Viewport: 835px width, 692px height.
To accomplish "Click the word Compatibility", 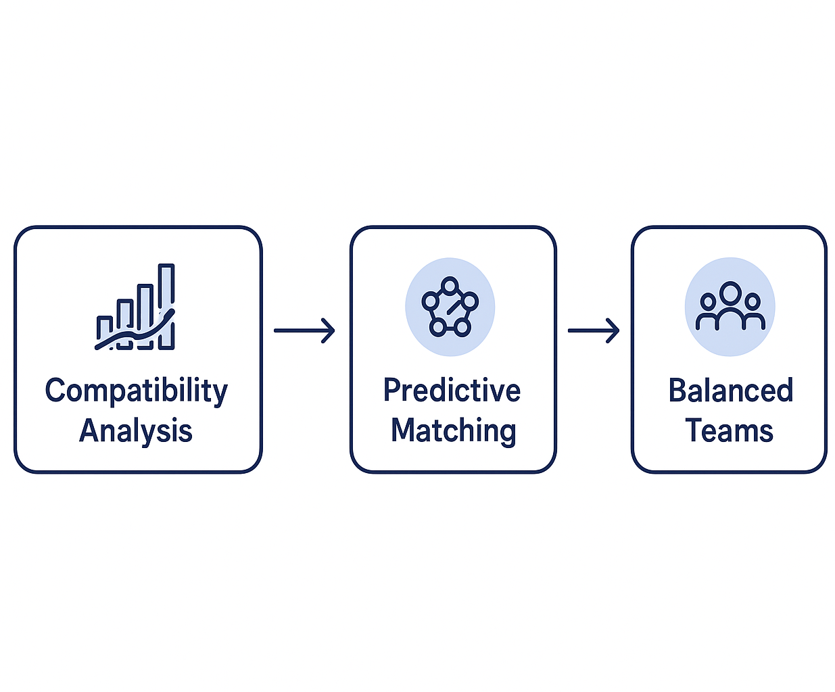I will pyautogui.click(x=136, y=391).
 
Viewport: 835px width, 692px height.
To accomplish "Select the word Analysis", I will pyautogui.click(x=136, y=431).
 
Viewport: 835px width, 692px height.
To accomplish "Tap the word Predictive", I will pyautogui.click(x=452, y=391).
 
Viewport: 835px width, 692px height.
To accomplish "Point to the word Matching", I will pyautogui.click(x=453, y=431).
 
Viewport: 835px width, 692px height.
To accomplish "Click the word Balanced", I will pyautogui.click(x=730, y=391).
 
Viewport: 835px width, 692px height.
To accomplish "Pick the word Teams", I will pyautogui.click(x=729, y=430).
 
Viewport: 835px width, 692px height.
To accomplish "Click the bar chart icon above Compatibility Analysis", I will pyautogui.click(x=135, y=307).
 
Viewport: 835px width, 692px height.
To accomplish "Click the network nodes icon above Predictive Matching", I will pyautogui.click(x=450, y=307).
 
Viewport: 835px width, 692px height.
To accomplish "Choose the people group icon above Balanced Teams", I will pyautogui.click(x=730, y=307).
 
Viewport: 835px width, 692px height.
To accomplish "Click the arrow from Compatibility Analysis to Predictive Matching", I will pyautogui.click(x=304, y=330).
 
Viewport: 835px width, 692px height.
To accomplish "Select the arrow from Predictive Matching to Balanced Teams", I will pyautogui.click(x=594, y=330).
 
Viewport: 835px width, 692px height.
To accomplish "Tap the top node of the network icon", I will pyautogui.click(x=450, y=285).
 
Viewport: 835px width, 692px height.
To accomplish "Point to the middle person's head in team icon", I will pyautogui.click(x=730, y=293).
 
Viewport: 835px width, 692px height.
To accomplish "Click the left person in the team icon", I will pyautogui.click(x=707, y=311).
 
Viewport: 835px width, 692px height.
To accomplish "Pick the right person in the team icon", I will pyautogui.click(x=753, y=311).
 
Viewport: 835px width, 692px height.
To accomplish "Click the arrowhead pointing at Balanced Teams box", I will pyautogui.click(x=614, y=330).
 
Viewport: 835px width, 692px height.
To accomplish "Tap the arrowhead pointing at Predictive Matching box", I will pyautogui.click(x=329, y=330).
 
